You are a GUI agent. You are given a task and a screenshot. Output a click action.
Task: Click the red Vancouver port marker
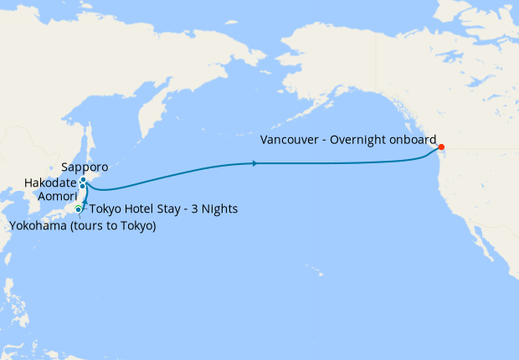pyautogui.click(x=442, y=148)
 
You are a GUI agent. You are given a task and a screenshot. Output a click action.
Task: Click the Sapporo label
pyautogui.click(x=85, y=167)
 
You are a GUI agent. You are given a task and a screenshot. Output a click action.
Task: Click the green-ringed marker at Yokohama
pyautogui.click(x=79, y=208)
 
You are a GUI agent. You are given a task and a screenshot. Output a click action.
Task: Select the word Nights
pyautogui.click(x=221, y=208)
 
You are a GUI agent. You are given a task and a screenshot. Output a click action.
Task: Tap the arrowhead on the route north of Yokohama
pyautogui.click(x=84, y=201)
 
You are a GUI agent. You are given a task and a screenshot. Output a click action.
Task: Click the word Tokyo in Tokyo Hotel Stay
pyautogui.click(x=105, y=208)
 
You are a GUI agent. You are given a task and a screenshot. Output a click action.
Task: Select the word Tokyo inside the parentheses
pyautogui.click(x=133, y=225)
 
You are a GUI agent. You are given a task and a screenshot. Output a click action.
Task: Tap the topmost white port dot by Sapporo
pyautogui.click(x=84, y=179)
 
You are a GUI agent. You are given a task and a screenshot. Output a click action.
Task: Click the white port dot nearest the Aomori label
pyautogui.click(x=82, y=186)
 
